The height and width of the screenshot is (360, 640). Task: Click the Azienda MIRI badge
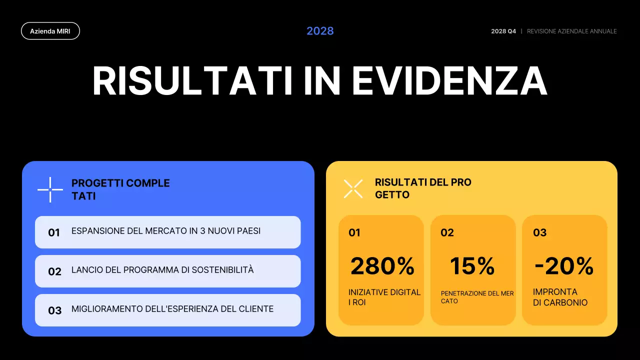pyautogui.click(x=50, y=31)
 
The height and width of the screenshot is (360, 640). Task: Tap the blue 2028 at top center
pyautogui.click(x=320, y=31)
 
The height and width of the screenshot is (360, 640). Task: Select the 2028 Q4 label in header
pyautogui.click(x=503, y=31)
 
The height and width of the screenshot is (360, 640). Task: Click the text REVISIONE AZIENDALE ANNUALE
pyautogui.click(x=571, y=31)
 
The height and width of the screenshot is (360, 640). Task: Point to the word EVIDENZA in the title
pyautogui.click(x=449, y=81)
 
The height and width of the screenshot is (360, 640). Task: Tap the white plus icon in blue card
pyautogui.click(x=50, y=190)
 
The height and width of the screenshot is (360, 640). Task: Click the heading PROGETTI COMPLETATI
pyautogui.click(x=120, y=189)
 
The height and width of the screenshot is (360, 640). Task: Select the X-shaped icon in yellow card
pyautogui.click(x=353, y=188)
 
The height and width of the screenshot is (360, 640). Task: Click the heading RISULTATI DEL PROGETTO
pyautogui.click(x=423, y=188)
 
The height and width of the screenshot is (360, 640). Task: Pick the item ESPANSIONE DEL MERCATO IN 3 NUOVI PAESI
pyautogui.click(x=166, y=231)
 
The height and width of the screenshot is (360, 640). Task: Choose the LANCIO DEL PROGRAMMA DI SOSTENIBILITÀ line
pyautogui.click(x=162, y=270)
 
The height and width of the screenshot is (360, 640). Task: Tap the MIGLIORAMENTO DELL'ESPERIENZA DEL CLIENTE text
pyautogui.click(x=172, y=309)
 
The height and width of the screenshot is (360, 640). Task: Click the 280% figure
pyautogui.click(x=382, y=266)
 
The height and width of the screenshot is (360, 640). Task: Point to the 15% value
pyautogui.click(x=472, y=266)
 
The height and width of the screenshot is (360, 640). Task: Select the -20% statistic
pyautogui.click(x=564, y=266)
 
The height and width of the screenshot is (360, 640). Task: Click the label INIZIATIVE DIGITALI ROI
pyautogui.click(x=384, y=297)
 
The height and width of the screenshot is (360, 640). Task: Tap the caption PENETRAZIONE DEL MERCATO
pyautogui.click(x=477, y=297)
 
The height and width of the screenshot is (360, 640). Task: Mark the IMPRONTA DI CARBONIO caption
pyautogui.click(x=560, y=297)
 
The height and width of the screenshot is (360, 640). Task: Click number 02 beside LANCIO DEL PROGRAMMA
pyautogui.click(x=54, y=271)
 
